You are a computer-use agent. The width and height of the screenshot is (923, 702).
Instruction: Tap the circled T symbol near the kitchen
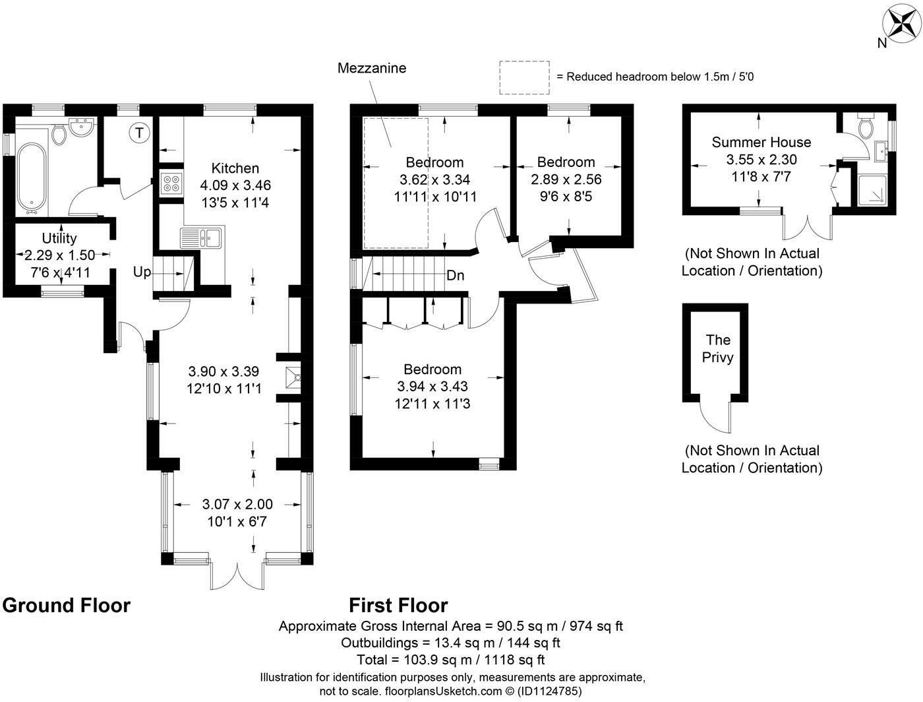(x=139, y=133)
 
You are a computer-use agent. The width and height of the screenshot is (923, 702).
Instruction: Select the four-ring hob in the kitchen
(x=171, y=183)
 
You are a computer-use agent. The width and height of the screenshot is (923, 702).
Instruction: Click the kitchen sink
(x=202, y=238)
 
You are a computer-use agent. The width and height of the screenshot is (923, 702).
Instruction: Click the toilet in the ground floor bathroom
(x=59, y=134)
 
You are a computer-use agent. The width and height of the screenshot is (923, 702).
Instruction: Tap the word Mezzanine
(x=372, y=68)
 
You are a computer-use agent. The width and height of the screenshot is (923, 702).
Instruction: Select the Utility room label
(x=59, y=238)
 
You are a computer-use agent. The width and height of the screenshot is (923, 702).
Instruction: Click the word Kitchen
(x=235, y=168)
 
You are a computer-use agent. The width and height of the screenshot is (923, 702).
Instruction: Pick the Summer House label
(x=761, y=142)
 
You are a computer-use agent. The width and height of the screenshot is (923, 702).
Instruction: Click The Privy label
(x=718, y=348)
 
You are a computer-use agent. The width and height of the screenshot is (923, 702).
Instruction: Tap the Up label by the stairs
(x=142, y=272)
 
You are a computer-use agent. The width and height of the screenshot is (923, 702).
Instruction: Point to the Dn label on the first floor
(x=455, y=276)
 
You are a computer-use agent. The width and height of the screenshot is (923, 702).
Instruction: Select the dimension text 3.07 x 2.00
(x=237, y=504)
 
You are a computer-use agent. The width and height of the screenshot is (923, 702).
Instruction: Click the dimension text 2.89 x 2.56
(x=566, y=179)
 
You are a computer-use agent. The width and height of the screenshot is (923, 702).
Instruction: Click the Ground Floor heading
(x=67, y=605)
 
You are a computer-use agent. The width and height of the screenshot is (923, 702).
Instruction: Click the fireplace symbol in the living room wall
(x=293, y=377)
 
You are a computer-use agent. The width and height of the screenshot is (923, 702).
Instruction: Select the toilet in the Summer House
(x=866, y=125)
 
